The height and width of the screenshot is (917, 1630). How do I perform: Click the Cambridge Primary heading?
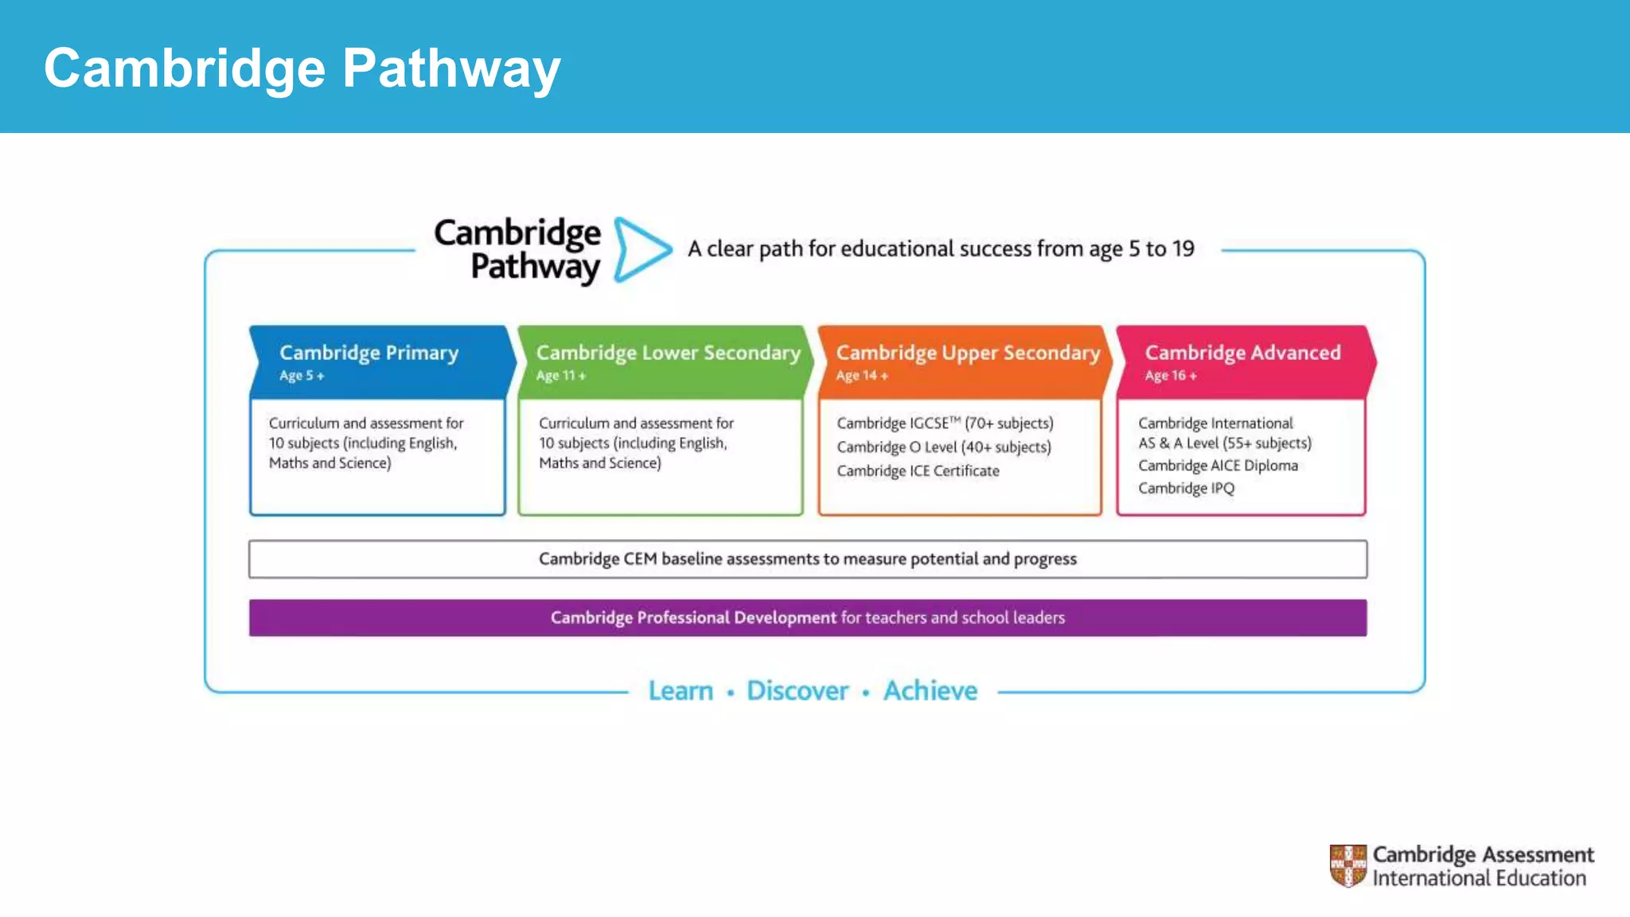(369, 353)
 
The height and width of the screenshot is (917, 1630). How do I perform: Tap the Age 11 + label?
(560, 376)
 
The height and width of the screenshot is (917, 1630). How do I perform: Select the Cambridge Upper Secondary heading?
(968, 353)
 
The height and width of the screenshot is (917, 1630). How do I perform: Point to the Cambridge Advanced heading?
(1242, 353)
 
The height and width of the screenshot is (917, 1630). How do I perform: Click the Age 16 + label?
(1170, 376)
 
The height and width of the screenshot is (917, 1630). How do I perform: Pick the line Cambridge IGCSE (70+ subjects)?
(945, 423)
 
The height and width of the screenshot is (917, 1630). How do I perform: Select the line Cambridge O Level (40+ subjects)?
(943, 447)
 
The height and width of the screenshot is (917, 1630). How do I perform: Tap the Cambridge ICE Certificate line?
(918, 471)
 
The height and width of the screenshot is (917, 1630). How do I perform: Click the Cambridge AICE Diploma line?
(1218, 466)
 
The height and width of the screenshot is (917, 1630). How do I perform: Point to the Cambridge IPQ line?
(1186, 488)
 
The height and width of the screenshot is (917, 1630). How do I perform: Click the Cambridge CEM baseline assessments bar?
(807, 559)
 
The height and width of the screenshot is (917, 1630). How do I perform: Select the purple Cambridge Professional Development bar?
(807, 618)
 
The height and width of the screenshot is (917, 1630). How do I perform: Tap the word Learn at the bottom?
(680, 691)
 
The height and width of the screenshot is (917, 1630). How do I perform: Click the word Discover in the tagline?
(797, 691)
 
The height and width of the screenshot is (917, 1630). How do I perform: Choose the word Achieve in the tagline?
(930, 691)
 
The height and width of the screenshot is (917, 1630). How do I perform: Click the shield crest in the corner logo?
(1347, 865)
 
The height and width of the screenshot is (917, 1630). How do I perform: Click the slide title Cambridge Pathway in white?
(302, 68)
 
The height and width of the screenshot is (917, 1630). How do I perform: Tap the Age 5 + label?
(301, 376)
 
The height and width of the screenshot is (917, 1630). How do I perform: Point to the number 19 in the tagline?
(1183, 249)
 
